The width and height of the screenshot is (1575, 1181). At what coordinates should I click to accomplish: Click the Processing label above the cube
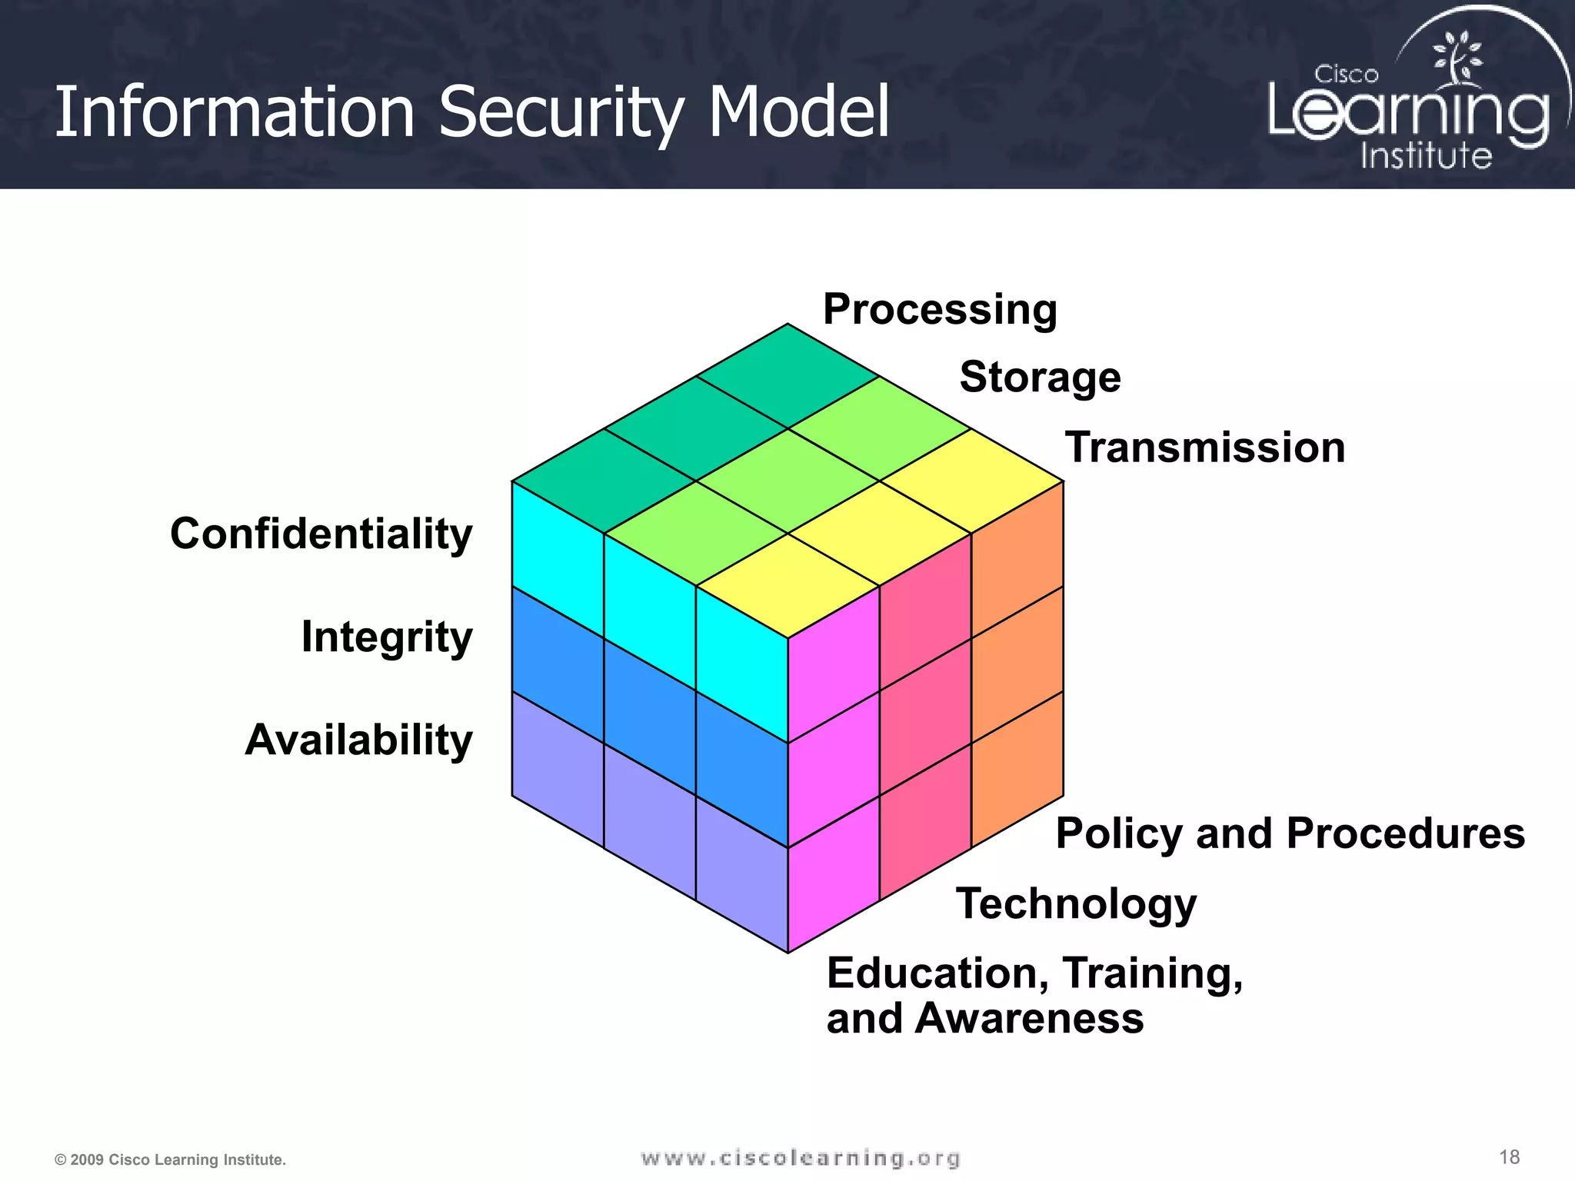tap(940, 309)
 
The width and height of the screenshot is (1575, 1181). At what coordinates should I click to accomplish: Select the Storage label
tap(1040, 378)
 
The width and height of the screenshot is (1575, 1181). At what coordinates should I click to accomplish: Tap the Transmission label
tap(1204, 447)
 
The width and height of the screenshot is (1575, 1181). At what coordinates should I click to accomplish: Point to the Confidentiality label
tap(321, 534)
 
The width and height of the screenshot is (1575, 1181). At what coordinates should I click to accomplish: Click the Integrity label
tap(387, 637)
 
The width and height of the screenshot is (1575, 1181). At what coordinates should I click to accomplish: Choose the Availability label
tap(359, 740)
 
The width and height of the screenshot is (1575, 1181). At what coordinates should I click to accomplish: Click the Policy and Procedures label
tap(1290, 833)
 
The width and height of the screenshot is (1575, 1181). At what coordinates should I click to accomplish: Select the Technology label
tap(1076, 903)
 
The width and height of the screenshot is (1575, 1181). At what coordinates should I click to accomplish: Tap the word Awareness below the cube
tap(1029, 1019)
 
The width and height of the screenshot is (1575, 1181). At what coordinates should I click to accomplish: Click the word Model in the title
tap(798, 112)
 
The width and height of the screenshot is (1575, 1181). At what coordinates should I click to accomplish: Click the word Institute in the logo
tap(1426, 156)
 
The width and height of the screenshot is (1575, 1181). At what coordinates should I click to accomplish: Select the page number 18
tap(1509, 1157)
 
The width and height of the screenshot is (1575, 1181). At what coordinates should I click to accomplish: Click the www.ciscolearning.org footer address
tap(801, 1158)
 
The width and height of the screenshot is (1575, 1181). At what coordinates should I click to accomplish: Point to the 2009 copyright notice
tap(170, 1159)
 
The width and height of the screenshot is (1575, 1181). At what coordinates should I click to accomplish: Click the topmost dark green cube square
tap(787, 376)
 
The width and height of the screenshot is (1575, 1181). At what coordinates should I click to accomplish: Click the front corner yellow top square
tap(787, 586)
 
